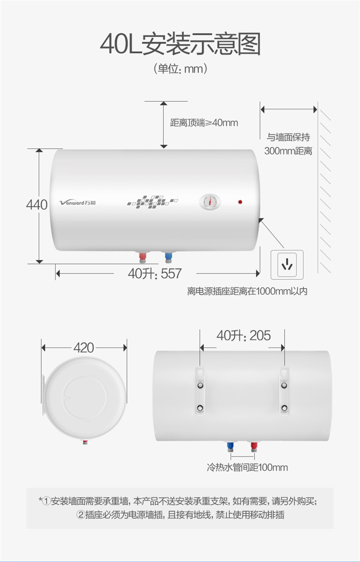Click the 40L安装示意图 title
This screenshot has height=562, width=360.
pos(180,44)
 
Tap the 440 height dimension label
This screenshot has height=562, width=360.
pos(36,204)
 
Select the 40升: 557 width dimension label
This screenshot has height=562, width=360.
pos(155,274)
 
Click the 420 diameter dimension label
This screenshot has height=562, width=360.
pos(84,347)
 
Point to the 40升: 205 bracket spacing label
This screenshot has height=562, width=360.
pos(243,335)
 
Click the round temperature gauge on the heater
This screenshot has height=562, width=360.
pos(210,202)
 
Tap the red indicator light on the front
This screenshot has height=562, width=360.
pos(240,202)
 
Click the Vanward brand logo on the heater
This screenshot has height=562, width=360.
pos(77,203)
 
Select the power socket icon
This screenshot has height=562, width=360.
pos(287,265)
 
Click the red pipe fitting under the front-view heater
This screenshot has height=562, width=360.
pos(143,257)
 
